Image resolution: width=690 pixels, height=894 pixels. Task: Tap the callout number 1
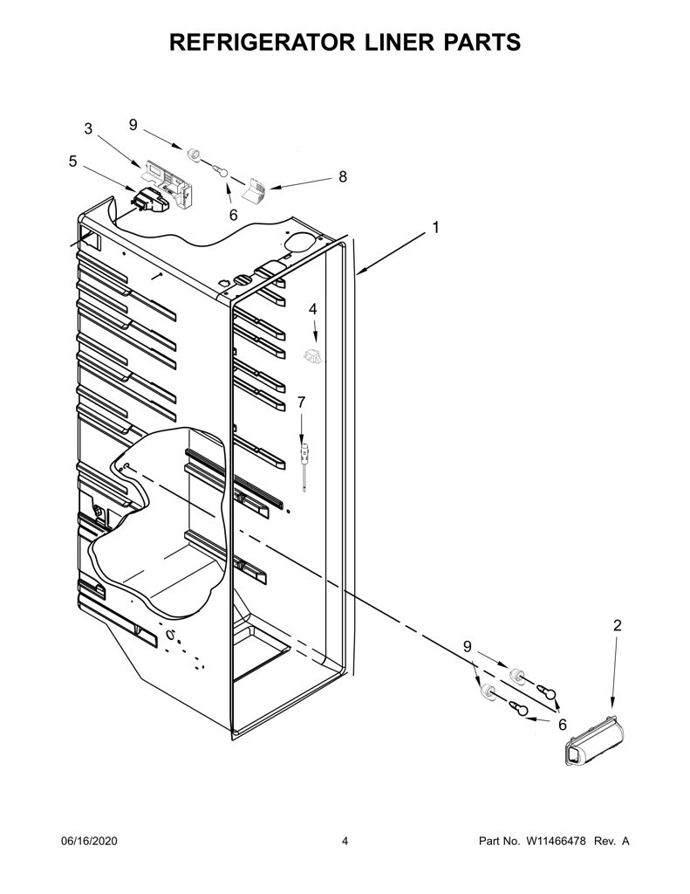coord(436,228)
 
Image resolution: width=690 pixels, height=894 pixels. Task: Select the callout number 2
coord(617,625)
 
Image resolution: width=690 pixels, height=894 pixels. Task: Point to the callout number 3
coord(88,129)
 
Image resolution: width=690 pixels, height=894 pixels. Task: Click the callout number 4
coord(313,309)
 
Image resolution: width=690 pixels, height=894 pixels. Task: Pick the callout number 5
coord(72,162)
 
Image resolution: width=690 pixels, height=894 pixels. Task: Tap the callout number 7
coord(302,402)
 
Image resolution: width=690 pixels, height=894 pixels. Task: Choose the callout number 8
coord(343,176)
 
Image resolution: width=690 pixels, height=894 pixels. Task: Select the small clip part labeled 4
coord(312,356)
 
